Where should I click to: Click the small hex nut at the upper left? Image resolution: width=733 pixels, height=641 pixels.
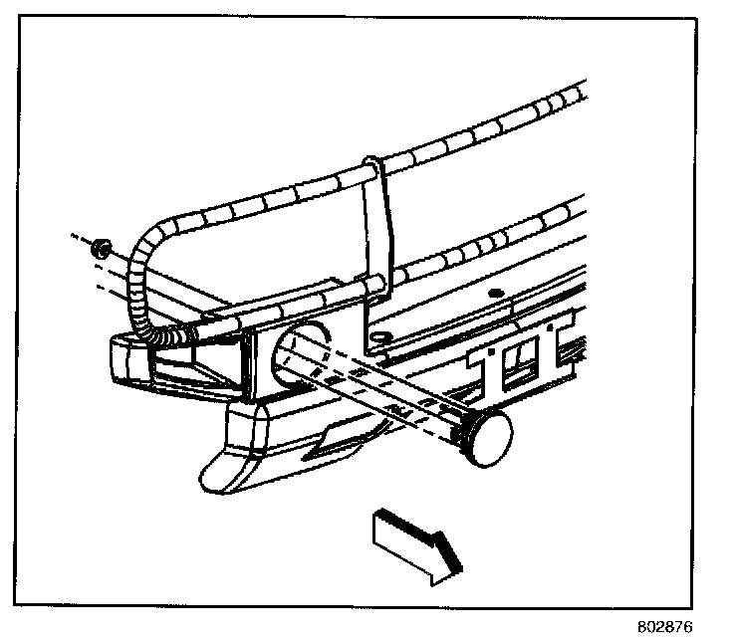tap(100, 248)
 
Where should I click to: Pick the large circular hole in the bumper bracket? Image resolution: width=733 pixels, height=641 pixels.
tap(304, 343)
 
